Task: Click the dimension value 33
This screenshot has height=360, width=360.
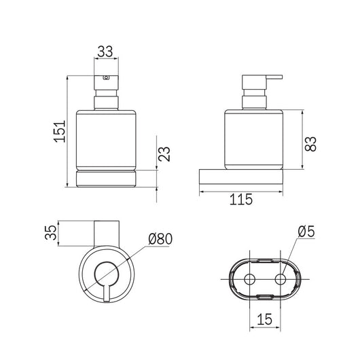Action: pyautogui.click(x=105, y=52)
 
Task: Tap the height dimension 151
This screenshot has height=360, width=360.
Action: pyautogui.click(x=60, y=131)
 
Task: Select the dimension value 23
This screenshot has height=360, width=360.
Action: pyautogui.click(x=164, y=154)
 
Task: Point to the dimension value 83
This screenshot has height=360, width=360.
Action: pyautogui.click(x=310, y=144)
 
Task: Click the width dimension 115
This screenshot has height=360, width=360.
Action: pyautogui.click(x=241, y=199)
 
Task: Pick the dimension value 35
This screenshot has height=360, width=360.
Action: pyautogui.click(x=50, y=232)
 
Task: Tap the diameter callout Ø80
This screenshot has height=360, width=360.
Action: pyautogui.click(x=160, y=239)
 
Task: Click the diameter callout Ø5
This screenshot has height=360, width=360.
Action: pyautogui.click(x=306, y=232)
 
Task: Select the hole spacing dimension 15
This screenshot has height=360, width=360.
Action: pyautogui.click(x=264, y=319)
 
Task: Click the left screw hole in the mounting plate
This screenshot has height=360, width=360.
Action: pyautogui.click(x=249, y=279)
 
